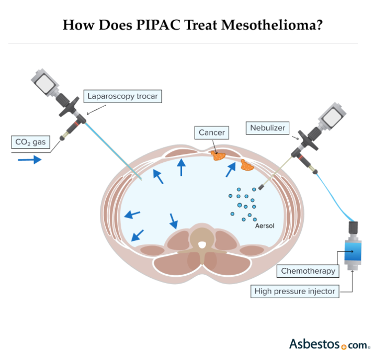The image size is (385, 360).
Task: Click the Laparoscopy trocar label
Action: coord(122,96)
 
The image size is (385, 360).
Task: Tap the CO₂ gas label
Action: coord(31,141)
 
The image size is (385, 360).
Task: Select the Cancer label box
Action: coord(211,132)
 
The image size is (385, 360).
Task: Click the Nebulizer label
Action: coord(267,127)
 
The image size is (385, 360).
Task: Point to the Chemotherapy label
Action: coord(308,271)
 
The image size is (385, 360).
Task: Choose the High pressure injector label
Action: coord(295,291)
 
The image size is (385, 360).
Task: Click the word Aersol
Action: coord(264,226)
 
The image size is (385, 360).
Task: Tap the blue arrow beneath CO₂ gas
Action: coord(29,159)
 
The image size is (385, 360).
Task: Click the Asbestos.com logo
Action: coord(330,344)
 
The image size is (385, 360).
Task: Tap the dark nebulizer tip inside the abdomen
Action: coord(260,186)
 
